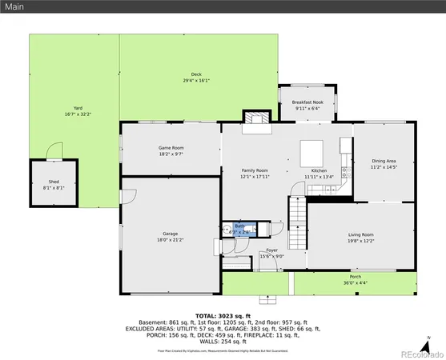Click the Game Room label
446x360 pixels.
[171, 150]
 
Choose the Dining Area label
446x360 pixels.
[380, 165]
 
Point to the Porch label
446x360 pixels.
[355, 279]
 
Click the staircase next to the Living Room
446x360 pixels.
[298, 214]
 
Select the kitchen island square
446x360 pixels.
[311, 152]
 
